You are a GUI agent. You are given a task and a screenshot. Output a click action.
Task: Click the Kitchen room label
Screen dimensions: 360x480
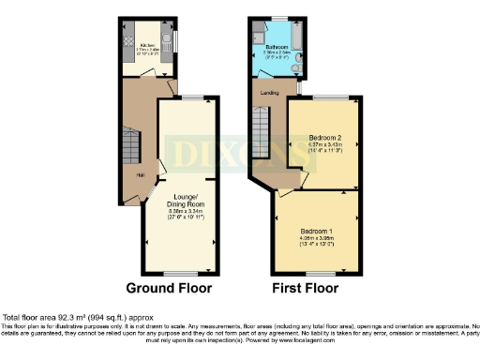(147, 44)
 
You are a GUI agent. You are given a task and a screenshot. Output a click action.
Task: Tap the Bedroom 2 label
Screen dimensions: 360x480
(323, 138)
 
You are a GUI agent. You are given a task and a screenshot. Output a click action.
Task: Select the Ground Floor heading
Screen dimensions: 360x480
(169, 288)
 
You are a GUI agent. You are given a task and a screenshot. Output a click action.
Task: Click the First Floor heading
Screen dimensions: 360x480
(305, 288)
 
